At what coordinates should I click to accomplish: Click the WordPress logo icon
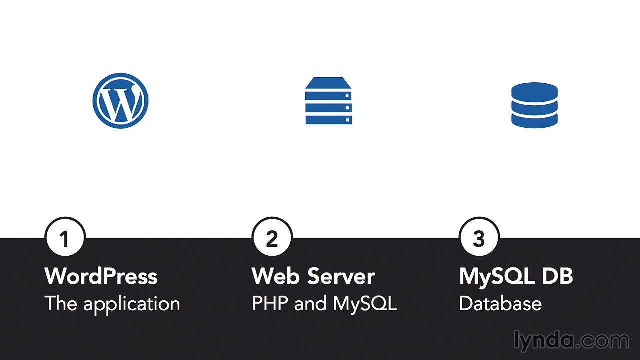click(x=120, y=101)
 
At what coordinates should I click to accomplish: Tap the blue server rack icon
click(x=328, y=101)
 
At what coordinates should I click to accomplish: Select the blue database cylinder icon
click(x=534, y=105)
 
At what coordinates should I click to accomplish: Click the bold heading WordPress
click(x=101, y=276)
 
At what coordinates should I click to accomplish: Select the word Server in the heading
click(x=341, y=276)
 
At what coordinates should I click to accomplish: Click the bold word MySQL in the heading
click(x=497, y=277)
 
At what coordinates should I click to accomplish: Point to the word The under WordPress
click(x=61, y=303)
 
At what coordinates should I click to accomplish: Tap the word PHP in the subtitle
click(x=270, y=303)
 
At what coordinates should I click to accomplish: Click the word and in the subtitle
click(x=310, y=303)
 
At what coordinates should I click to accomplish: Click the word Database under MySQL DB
click(x=500, y=303)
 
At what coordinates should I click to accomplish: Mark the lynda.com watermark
click(x=571, y=341)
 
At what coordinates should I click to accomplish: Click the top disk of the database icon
click(x=534, y=91)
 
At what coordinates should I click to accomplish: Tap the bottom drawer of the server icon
click(x=329, y=120)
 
